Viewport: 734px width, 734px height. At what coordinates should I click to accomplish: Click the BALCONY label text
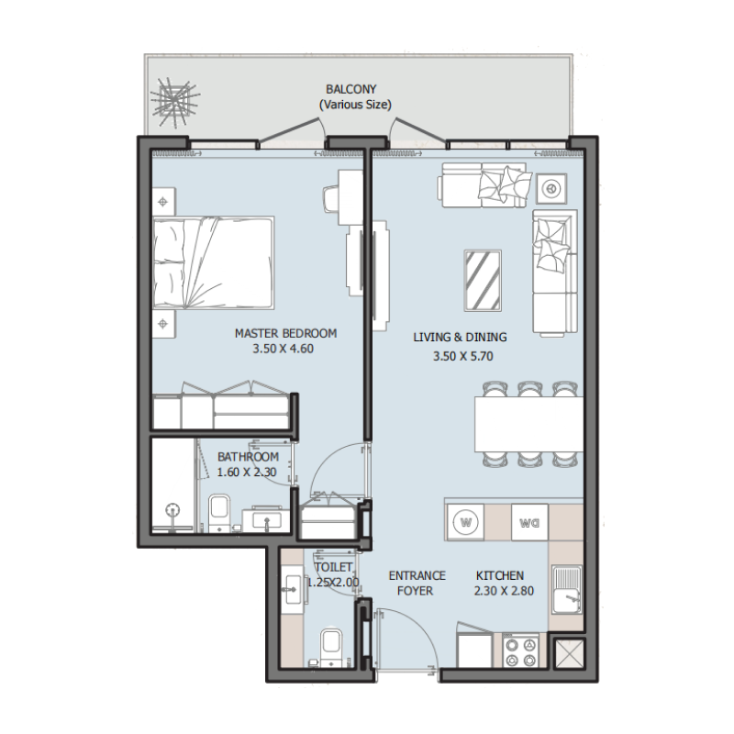click(x=350, y=90)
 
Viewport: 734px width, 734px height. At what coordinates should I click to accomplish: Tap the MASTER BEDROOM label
click(x=285, y=333)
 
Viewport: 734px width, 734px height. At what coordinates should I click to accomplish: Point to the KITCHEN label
click(x=500, y=575)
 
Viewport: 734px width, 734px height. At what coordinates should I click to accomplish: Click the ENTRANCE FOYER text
click(x=417, y=584)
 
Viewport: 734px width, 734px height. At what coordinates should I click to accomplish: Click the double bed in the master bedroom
click(x=213, y=261)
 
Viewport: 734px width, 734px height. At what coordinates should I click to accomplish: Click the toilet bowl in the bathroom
click(x=219, y=511)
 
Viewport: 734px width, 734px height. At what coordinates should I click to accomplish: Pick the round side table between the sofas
click(x=552, y=189)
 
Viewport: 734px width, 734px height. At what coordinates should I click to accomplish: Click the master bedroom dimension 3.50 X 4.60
click(x=285, y=349)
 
